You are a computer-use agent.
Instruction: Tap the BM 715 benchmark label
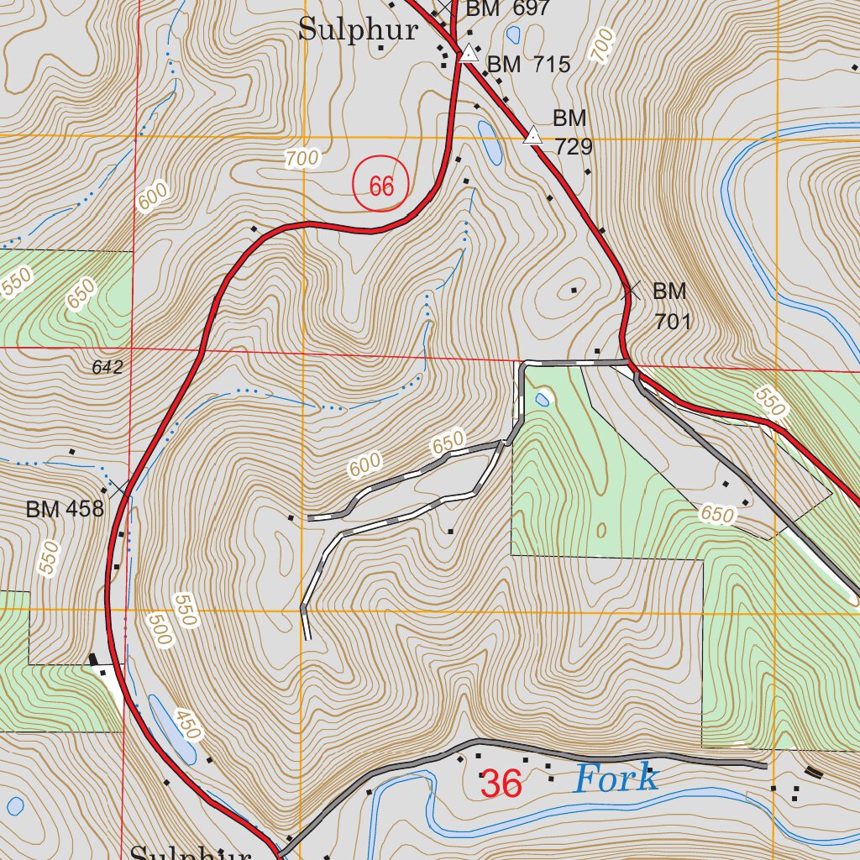[x=528, y=64]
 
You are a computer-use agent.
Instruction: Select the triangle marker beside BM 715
[x=469, y=55]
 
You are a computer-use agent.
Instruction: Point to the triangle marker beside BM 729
[x=532, y=136]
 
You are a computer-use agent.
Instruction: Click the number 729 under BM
[x=574, y=147]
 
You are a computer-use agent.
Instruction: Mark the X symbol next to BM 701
[x=631, y=291]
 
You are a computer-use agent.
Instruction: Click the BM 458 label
[x=64, y=509]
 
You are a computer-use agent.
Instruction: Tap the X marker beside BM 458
[x=120, y=486]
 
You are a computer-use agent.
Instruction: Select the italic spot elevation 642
[x=108, y=367]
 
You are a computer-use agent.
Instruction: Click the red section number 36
[x=501, y=784]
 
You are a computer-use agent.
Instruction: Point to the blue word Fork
[x=616, y=779]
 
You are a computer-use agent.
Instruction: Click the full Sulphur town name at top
[x=359, y=30]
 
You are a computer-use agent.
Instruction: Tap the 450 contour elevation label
[x=188, y=724]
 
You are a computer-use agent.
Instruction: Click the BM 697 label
[x=507, y=9]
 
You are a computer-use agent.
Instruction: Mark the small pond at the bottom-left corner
[x=15, y=806]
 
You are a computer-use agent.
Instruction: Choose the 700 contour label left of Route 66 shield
[x=302, y=157]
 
